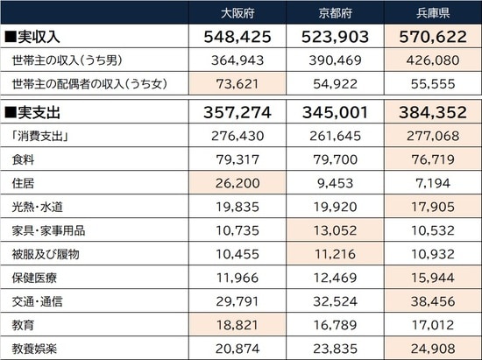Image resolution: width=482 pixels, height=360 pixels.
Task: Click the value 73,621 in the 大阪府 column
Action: (x=237, y=85)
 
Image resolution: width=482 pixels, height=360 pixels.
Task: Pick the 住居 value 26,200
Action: (x=237, y=184)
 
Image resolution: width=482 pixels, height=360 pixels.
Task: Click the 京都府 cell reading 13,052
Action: (x=335, y=231)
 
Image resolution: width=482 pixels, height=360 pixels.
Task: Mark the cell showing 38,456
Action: (x=432, y=302)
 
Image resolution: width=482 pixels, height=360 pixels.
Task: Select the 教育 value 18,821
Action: (x=237, y=326)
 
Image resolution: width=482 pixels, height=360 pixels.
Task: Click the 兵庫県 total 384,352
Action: (x=432, y=113)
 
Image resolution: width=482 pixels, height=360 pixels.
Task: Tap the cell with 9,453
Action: (x=335, y=184)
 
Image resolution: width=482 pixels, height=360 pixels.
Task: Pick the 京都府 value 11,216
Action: (x=335, y=255)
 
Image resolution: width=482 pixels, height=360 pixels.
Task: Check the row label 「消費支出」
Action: (x=40, y=137)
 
